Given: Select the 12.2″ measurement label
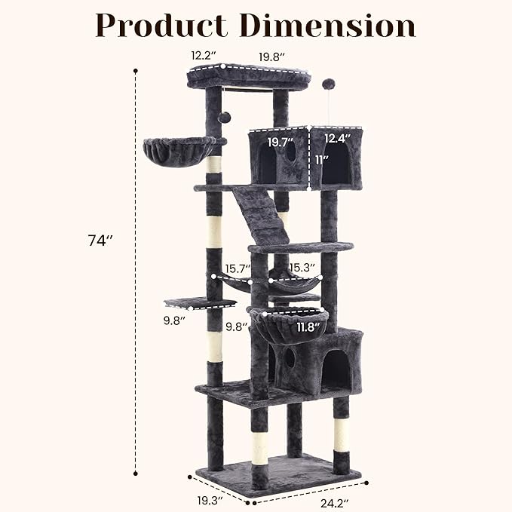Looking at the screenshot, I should tap(204, 55).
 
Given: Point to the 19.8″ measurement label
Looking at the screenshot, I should tap(271, 55).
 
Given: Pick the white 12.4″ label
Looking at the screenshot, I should tap(338, 138).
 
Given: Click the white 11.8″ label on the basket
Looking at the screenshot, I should tap(308, 327).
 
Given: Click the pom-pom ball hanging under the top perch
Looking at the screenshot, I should tap(225, 118).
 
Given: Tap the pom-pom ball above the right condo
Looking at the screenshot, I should tap(328, 84).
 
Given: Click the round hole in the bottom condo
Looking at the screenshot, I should tap(290, 358).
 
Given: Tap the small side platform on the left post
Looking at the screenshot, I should tap(200, 303).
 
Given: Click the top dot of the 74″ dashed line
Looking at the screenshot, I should tap(136, 72).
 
